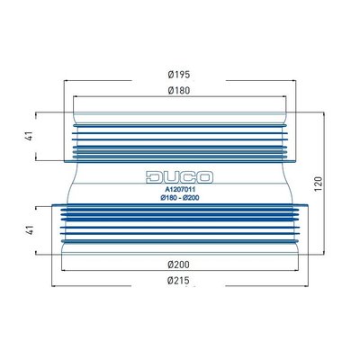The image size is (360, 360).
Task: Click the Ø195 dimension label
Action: pos(179,75)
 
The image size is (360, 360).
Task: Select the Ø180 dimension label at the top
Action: pos(179,90)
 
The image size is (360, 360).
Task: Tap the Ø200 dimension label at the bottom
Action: pos(179,265)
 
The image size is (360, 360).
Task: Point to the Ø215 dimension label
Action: pos(179,281)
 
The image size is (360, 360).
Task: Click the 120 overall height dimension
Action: pos(319,184)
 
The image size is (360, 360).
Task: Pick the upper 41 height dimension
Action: pos(29,136)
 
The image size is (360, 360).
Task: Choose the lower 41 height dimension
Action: pos(29,230)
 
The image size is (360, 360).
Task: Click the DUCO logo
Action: pos(179,177)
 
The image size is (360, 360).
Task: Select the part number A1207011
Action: pos(181,190)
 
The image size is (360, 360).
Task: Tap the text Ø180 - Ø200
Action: pos(180,198)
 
